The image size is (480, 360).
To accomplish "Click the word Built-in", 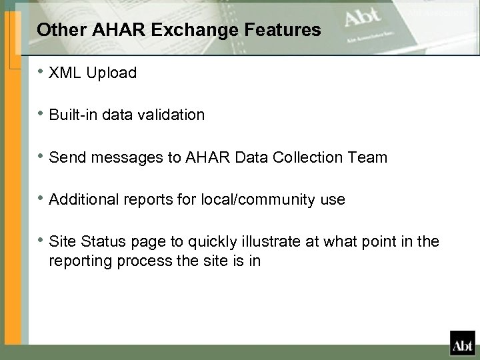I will pyautogui.click(x=73, y=115).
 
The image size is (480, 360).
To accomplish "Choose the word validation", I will pyautogui.click(x=170, y=115).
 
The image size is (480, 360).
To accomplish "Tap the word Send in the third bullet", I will pyautogui.click(x=65, y=157).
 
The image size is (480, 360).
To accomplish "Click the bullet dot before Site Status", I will pyautogui.click(x=41, y=241).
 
